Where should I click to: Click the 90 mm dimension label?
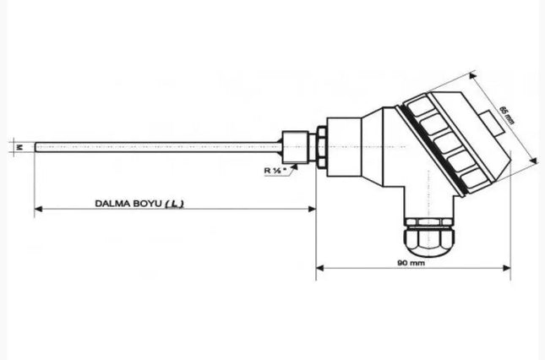pos(412,262)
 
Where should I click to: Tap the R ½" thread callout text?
pos(276,169)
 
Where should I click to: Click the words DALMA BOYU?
pos(127,203)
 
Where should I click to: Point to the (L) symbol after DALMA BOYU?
pos(174,203)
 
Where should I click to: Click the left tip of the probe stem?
pos(36,147)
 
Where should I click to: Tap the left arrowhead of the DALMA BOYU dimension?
pos(38,209)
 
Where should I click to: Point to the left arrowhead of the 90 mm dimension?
pos(319,268)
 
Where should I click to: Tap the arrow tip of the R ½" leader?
pos(298,163)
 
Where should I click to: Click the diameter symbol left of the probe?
pos(19,147)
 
